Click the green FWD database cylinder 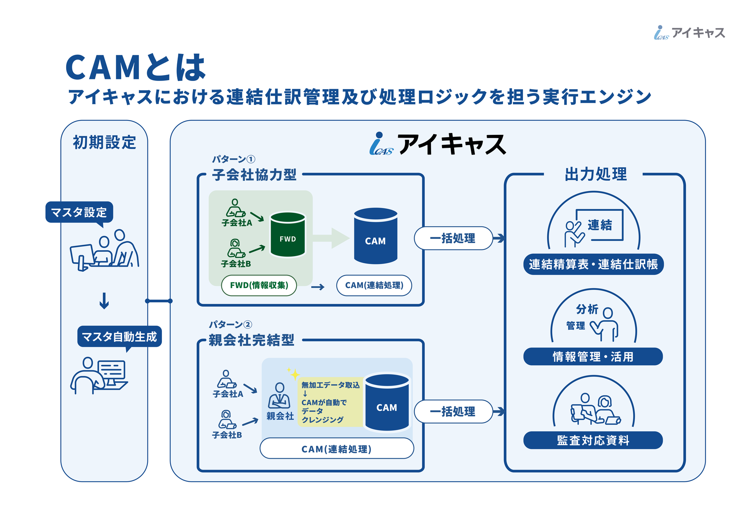(x=287, y=234)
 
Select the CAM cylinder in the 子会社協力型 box (x=375, y=236)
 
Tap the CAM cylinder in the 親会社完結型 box (x=387, y=402)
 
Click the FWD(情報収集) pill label (x=259, y=285)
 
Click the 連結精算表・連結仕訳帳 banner (x=593, y=264)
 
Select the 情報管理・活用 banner (x=593, y=357)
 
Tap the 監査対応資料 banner (x=593, y=440)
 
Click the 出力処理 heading (x=596, y=174)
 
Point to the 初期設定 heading (x=104, y=142)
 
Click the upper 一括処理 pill (x=453, y=238)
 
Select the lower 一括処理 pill (x=453, y=411)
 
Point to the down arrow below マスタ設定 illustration (x=104, y=301)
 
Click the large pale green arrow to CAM (x=331, y=238)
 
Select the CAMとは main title (x=135, y=68)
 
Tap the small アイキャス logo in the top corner (x=690, y=32)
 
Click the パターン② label (x=230, y=325)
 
